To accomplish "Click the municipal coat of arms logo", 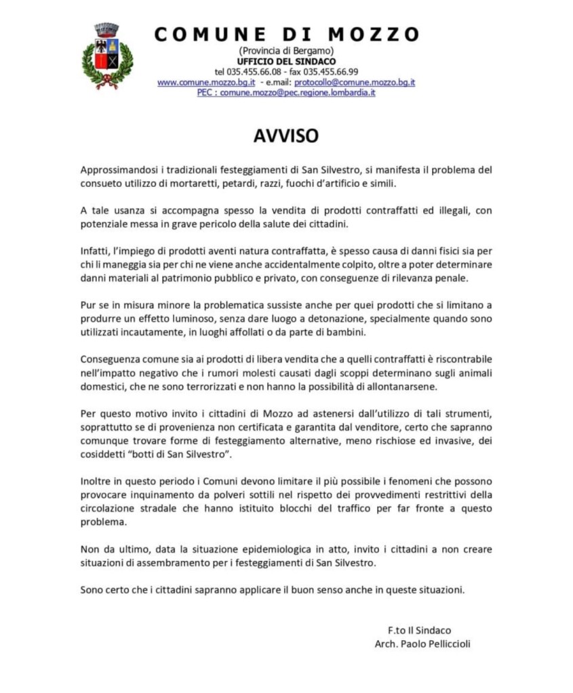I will point(107,56).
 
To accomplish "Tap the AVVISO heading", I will point(285,136).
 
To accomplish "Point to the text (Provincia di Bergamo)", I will point(285,51).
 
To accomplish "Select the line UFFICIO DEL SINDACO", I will point(285,62).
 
